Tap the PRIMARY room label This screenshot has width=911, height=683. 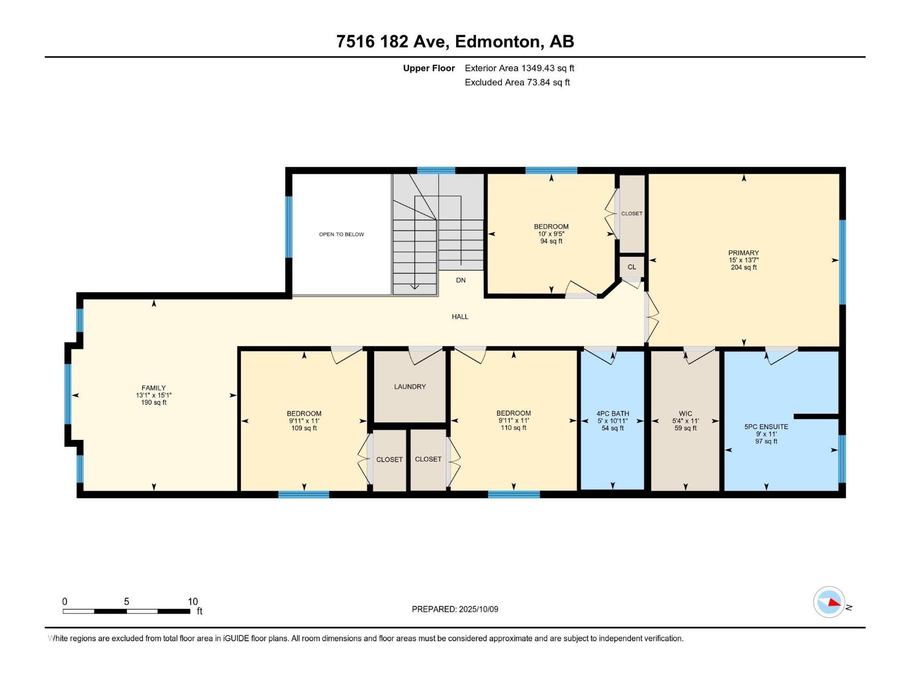tap(743, 253)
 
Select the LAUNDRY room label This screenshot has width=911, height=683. tap(410, 386)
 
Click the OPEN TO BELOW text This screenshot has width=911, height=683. tap(341, 234)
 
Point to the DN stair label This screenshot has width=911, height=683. tap(461, 280)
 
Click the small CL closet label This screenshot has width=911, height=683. tap(631, 267)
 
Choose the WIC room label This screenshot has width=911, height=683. tap(686, 414)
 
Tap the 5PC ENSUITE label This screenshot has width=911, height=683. tap(766, 426)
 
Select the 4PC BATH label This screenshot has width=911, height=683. tap(613, 414)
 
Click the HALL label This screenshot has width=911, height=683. tap(460, 316)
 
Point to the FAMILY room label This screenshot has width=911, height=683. tap(154, 388)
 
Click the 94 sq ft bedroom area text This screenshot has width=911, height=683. tap(551, 241)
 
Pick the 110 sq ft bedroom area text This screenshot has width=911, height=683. tap(513, 428)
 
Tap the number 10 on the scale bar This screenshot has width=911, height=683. tap(192, 602)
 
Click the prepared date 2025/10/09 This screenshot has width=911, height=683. tap(478, 609)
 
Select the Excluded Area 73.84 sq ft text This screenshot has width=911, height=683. tap(517, 83)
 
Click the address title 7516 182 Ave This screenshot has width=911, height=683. tap(455, 42)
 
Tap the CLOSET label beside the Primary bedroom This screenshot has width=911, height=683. tap(631, 213)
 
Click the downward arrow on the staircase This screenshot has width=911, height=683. tap(415, 286)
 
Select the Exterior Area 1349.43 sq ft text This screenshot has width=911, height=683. tap(519, 68)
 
